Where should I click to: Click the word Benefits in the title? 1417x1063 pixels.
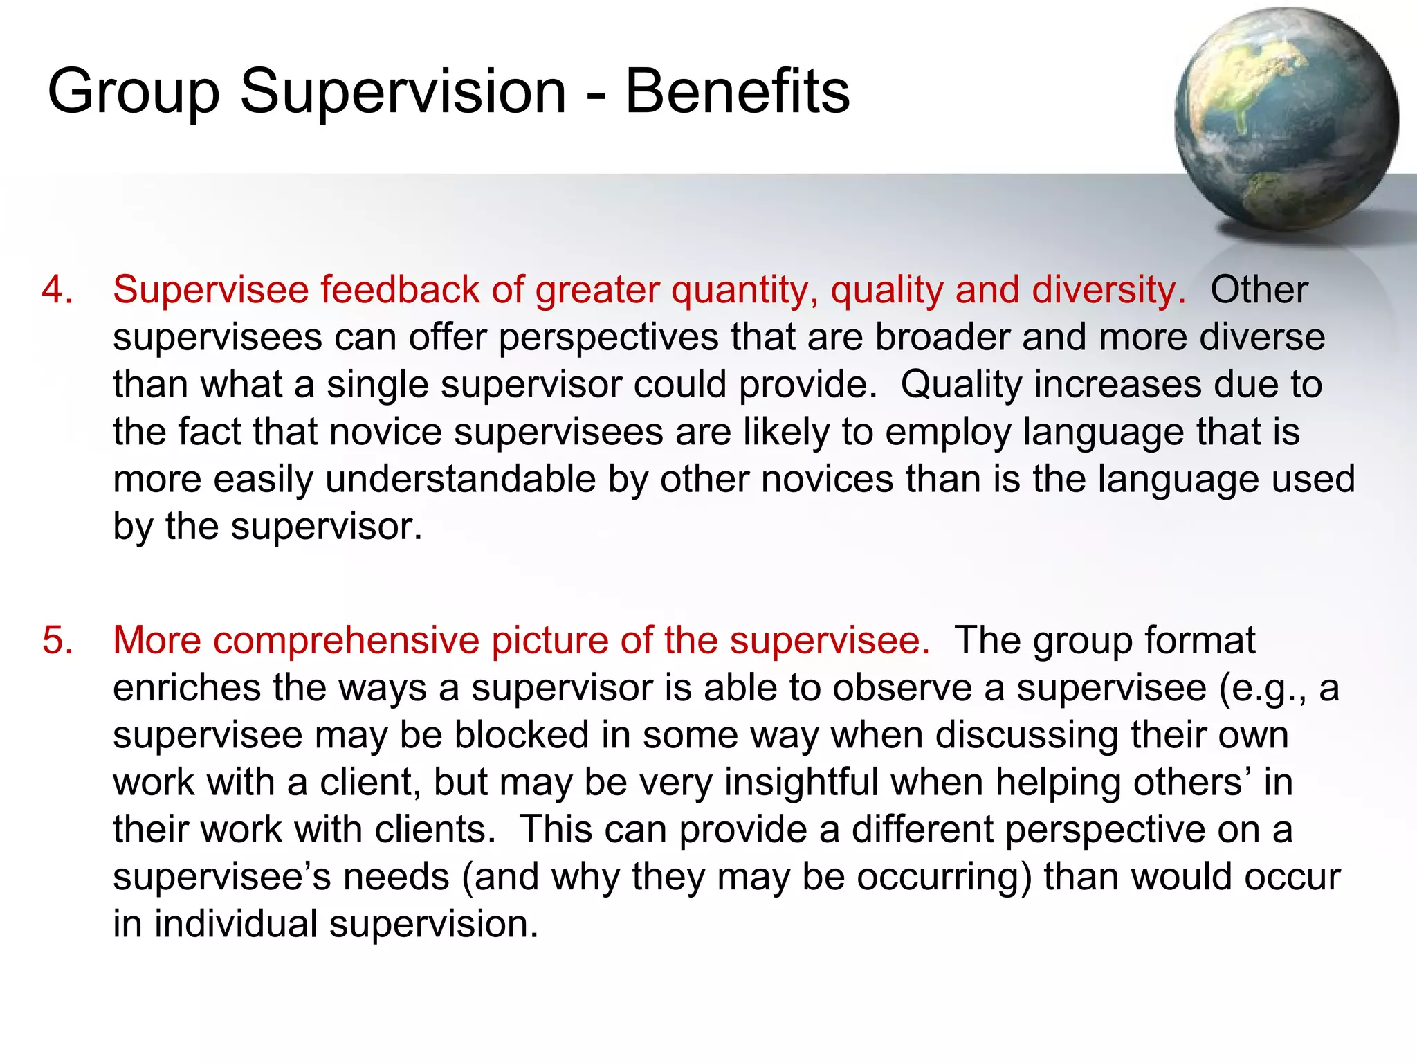pos(737,92)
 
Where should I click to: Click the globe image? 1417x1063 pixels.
pos(1286,119)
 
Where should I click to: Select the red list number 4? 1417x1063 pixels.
pos(57,289)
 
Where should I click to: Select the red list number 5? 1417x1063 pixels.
pos(57,640)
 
